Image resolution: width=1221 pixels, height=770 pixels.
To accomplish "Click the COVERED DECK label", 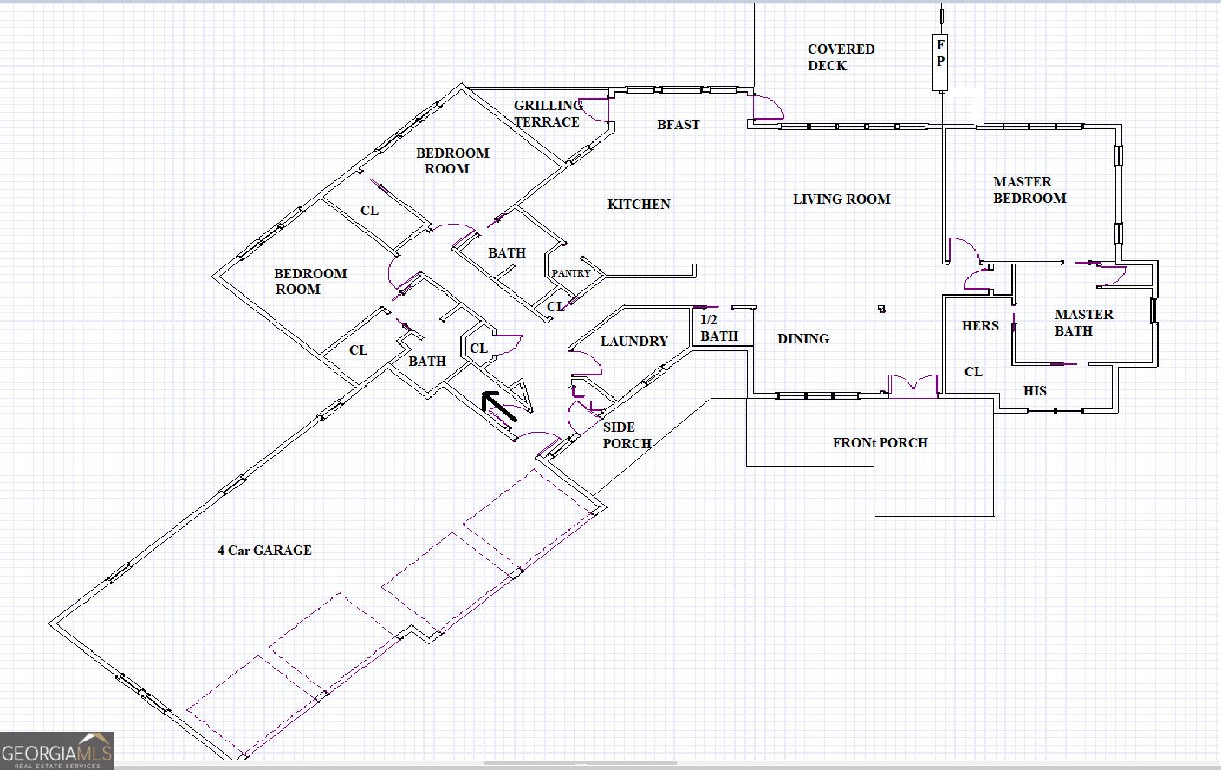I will coord(840,57).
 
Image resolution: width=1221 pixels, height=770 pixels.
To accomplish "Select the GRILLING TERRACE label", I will coord(548,114).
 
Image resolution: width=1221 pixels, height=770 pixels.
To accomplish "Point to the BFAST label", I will coord(678,125).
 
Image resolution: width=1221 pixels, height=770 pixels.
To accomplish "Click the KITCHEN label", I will coord(639,205).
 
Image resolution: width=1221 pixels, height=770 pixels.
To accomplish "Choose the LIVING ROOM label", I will coord(841,199).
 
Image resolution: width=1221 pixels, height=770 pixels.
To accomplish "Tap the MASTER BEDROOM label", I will coord(1029,190).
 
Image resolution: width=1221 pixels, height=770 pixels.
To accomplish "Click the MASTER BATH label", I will coord(1083,323).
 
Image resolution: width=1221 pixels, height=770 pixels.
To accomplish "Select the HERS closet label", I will coord(980,326).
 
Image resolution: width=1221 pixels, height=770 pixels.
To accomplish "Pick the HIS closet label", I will coord(1035,391).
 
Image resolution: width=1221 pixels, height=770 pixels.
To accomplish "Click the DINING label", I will coord(802,339).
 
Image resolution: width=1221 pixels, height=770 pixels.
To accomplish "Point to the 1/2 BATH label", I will coord(718,328).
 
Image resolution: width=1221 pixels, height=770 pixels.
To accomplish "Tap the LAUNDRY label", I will coord(633,342).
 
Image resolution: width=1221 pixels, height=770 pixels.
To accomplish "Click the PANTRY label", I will coord(571,273).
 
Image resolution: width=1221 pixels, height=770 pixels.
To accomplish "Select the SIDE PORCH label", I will coord(627,435).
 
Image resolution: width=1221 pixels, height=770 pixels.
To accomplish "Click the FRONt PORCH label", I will coord(880,443).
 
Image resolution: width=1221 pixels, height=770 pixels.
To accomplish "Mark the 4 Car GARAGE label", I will coord(264,551).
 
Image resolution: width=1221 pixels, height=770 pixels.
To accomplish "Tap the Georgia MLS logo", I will coord(57,751).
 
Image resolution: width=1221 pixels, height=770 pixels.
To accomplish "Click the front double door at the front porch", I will coord(913,387).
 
